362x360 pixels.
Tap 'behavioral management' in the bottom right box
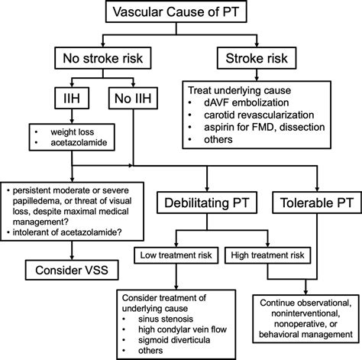click(x=305, y=335)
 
